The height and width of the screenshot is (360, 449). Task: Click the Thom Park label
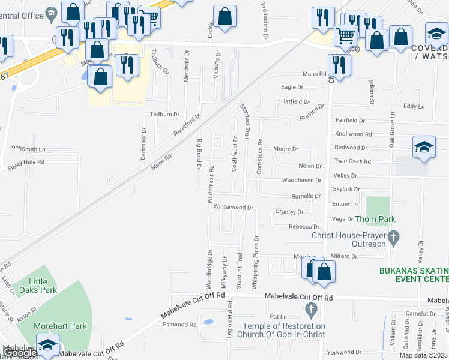coord(375,220)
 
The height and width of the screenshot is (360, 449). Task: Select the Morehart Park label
coord(60,326)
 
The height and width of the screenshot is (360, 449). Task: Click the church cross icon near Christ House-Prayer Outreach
coord(394,239)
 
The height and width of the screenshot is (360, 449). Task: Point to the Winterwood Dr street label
coord(234,207)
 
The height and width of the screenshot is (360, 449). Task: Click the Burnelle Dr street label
coord(306,196)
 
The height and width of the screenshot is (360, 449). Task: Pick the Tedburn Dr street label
coord(164,114)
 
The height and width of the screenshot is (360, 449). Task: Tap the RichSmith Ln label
coord(28,148)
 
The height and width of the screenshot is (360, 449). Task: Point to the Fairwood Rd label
coord(179,325)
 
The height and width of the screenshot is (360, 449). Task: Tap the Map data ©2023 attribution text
coord(424,355)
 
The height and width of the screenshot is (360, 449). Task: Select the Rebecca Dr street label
coord(303,227)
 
